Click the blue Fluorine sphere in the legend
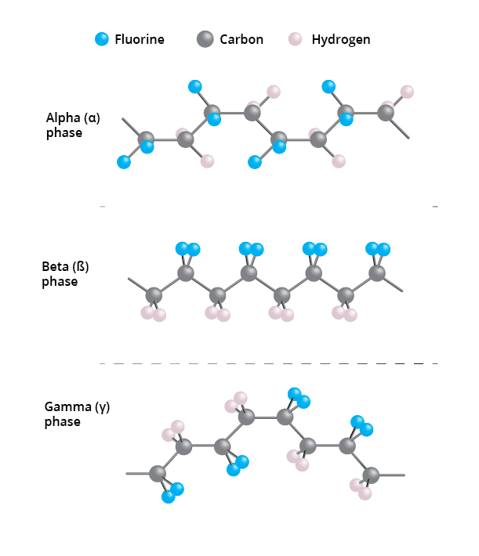(102, 39)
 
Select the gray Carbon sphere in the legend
(205, 39)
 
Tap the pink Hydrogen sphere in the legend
(296, 39)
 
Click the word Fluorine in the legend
(140, 39)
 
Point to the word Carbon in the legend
(241, 39)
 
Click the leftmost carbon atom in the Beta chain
(154, 295)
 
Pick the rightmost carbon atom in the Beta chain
(377, 273)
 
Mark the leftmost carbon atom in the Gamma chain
(158, 474)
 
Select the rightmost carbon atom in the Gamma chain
(371, 475)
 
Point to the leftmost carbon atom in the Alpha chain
(146, 140)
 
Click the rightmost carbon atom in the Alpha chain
(386, 112)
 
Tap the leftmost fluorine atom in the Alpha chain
(124, 162)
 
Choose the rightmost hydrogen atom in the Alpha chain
(407, 92)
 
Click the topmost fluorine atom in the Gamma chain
(295, 393)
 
